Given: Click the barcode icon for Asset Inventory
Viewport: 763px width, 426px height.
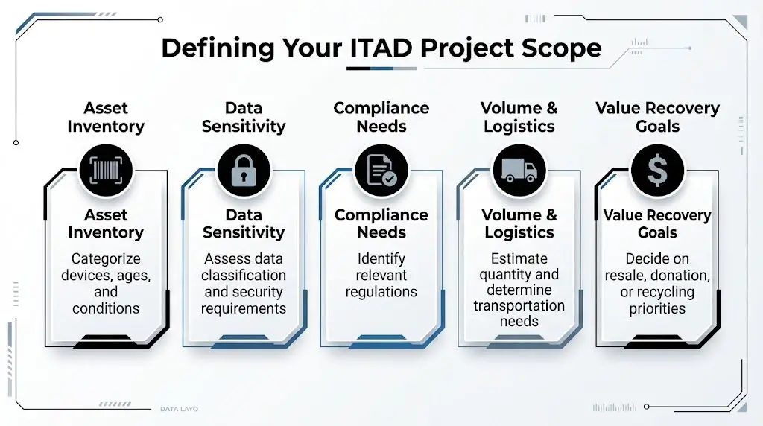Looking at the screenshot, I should [105, 170].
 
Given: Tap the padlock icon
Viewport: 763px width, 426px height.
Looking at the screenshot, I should [243, 170].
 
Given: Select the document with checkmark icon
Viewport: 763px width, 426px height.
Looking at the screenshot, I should [381, 170].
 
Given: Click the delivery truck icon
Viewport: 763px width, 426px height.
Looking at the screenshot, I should [519, 170].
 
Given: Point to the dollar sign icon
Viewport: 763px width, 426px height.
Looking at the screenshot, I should [657, 171].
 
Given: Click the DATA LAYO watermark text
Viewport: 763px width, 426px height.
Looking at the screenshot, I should [179, 409].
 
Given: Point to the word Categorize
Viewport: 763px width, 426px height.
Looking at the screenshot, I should [106, 259].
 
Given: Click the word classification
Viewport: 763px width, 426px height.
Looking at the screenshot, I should [244, 276].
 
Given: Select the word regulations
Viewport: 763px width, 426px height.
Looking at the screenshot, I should [381, 292].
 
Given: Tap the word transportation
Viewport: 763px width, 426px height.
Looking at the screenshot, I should [519, 305].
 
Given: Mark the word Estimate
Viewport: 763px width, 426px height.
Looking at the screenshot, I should [519, 259].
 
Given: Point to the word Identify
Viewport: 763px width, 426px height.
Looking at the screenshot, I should [381, 259].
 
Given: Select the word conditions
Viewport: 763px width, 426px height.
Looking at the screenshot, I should [106, 308].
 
